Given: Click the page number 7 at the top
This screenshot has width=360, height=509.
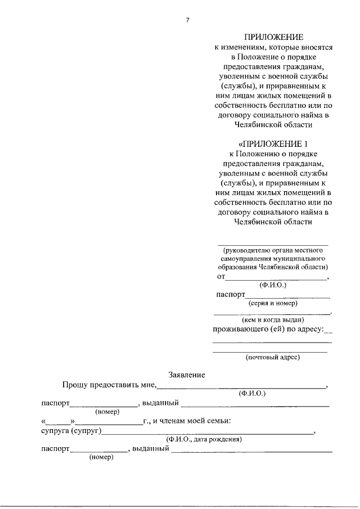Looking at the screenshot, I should pos(187,21).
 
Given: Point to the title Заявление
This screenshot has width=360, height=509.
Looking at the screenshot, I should pos(187,375).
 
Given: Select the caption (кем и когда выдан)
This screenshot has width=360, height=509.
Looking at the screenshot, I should pos(272,319).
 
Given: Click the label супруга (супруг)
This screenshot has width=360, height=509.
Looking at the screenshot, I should pos(71,431).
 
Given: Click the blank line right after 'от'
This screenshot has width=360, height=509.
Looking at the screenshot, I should pos(276,278).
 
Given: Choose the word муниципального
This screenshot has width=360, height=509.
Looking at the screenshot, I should pos(299,258).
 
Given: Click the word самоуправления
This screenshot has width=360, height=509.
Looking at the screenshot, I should pos(246,258).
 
